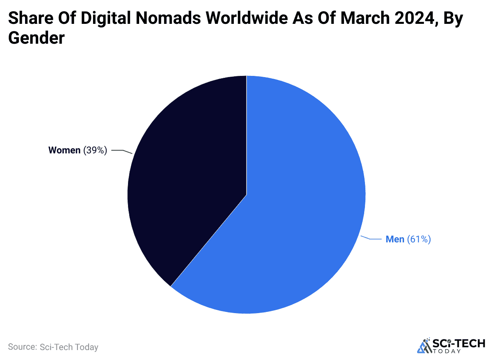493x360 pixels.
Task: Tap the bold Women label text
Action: pyautogui.click(x=64, y=150)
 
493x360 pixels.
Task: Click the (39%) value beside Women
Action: pyautogui.click(x=95, y=150)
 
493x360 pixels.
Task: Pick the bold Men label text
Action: pyautogui.click(x=395, y=239)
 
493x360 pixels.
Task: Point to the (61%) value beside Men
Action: pyautogui.click(x=419, y=239)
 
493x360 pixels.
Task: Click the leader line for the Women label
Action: pyautogui.click(x=121, y=151)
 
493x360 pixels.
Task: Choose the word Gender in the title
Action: pyautogui.click(x=36, y=38)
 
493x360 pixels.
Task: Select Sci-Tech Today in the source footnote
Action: pyautogui.click(x=69, y=347)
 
